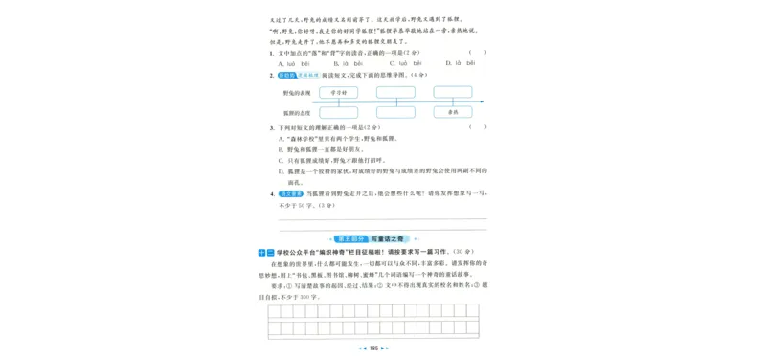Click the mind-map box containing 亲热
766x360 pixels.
click(x=453, y=112)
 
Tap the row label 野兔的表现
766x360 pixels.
click(x=296, y=94)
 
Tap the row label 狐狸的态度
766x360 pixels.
click(x=296, y=112)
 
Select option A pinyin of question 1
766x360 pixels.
click(x=292, y=63)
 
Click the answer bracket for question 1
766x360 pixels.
click(x=478, y=53)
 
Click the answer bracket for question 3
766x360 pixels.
click(x=478, y=127)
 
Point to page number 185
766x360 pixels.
click(x=375, y=349)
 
